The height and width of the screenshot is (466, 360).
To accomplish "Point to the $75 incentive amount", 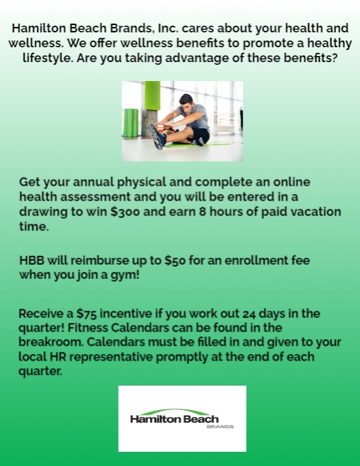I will coord(87,313).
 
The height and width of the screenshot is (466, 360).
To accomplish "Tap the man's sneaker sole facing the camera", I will coord(156,137).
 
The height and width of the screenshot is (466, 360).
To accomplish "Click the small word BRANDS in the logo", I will coord(221,427).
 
